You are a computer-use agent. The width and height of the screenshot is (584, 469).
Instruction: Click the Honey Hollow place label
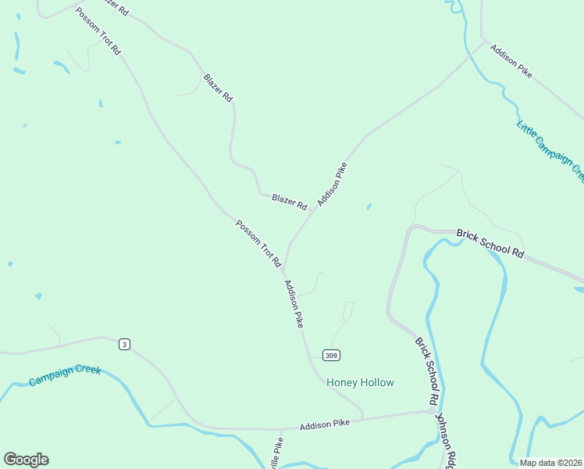point(360,382)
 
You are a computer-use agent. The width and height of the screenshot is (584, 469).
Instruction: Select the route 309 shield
point(332,356)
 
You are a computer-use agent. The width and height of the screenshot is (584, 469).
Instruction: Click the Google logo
point(26,460)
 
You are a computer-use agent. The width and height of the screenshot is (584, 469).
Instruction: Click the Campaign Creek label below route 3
point(65,375)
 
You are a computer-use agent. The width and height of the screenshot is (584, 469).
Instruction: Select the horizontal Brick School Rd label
point(490,243)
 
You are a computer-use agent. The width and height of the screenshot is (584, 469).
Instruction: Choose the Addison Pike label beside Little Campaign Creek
point(511,60)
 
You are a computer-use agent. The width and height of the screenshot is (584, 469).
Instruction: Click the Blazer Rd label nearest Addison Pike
point(289,202)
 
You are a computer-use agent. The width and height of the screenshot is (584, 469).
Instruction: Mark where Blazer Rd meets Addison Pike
point(312,210)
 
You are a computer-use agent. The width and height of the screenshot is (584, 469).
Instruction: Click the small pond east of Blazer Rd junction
point(369,207)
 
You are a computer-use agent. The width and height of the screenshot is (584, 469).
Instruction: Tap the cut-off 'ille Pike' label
point(276,453)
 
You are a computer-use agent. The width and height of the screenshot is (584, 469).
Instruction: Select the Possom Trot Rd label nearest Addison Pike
point(258,244)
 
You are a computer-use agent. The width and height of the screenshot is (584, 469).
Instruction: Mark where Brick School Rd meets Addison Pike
point(434,410)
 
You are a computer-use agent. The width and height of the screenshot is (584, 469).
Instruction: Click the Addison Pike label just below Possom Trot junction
point(294,303)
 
